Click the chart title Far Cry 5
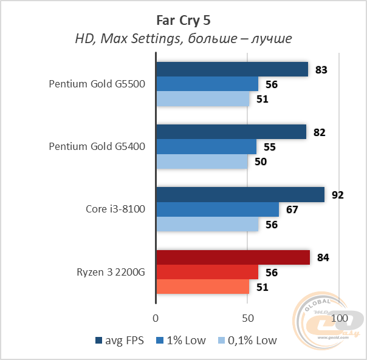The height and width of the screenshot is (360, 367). click(x=183, y=19)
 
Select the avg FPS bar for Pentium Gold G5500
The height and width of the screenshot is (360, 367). click(x=232, y=69)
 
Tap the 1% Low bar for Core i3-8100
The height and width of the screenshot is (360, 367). click(x=218, y=209)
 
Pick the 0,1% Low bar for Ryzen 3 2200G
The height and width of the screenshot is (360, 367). click(x=203, y=287)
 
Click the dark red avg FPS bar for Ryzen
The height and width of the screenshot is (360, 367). click(x=233, y=257)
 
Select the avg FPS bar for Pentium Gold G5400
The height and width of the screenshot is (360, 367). click(x=231, y=132)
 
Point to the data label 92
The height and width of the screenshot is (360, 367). click(x=337, y=195)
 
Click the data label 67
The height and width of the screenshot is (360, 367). click(x=292, y=210)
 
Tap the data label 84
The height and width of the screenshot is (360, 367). click(x=323, y=258)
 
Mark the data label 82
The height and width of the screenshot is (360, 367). click(x=319, y=132)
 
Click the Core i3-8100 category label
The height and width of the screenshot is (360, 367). click(x=115, y=209)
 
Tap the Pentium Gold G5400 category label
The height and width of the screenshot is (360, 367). click(x=97, y=147)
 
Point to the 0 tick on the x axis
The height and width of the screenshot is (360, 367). click(x=156, y=318)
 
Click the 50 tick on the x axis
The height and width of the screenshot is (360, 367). click(x=247, y=318)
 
